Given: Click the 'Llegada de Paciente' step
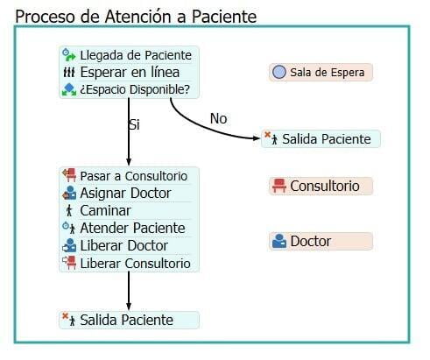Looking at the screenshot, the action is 129,55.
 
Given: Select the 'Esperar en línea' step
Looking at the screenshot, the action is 129,72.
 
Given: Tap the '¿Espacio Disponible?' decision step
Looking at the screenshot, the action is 129,89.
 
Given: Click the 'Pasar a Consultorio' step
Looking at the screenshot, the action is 129,176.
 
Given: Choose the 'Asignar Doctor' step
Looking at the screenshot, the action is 129,193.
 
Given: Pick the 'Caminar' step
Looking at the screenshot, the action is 129,210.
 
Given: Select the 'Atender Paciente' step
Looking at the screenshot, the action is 129,228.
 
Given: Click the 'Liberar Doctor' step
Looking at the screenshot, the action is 129,245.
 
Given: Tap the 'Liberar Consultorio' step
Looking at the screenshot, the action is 129,263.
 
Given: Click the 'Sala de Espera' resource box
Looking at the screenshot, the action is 321,72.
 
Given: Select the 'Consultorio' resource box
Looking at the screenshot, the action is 321,186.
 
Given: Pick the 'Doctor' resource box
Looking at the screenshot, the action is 321,241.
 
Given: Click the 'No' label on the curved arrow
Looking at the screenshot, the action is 219,118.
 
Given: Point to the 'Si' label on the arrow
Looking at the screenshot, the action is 134,124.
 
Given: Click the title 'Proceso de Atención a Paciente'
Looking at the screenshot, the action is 136,17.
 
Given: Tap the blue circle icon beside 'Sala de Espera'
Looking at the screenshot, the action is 279,72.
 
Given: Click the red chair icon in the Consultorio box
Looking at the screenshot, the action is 279,186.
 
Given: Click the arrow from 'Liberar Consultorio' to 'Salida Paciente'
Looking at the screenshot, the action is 129,291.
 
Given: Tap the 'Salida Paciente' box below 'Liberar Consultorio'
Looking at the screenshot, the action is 129,320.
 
